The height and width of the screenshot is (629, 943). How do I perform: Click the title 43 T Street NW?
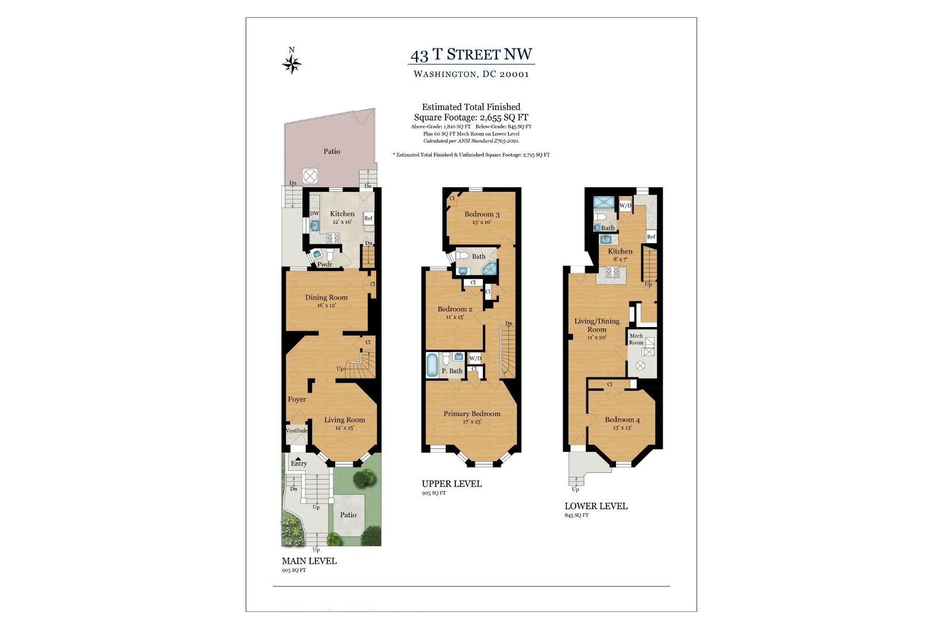pos(471,55)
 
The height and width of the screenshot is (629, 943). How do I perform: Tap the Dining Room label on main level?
pos(326,298)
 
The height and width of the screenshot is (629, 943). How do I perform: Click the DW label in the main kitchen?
pos(314,214)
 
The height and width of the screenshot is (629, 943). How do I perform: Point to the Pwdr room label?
pos(325,265)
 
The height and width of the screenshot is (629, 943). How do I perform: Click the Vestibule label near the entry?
pos(297,431)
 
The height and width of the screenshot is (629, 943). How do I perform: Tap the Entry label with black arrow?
pos(299,463)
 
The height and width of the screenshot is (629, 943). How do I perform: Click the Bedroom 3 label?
pos(481,214)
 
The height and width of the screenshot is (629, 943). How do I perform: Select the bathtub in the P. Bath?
pos(432,365)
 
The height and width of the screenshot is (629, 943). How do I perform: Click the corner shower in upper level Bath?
pos(490,269)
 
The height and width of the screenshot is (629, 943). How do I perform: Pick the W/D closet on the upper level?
pos(475,359)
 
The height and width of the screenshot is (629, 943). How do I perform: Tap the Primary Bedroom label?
pos(471,414)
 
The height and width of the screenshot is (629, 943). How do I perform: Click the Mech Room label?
pos(636,339)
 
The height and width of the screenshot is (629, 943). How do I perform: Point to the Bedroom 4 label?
pos(622,420)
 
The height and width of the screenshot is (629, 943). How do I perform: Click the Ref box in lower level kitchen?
pos(651,237)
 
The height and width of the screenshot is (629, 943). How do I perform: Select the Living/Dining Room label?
pos(597,325)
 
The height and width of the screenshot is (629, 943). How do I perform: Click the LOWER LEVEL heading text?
pos(596,506)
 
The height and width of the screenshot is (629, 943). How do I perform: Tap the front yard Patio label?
pos(348,515)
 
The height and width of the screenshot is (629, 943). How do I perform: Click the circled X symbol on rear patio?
pos(310,176)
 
